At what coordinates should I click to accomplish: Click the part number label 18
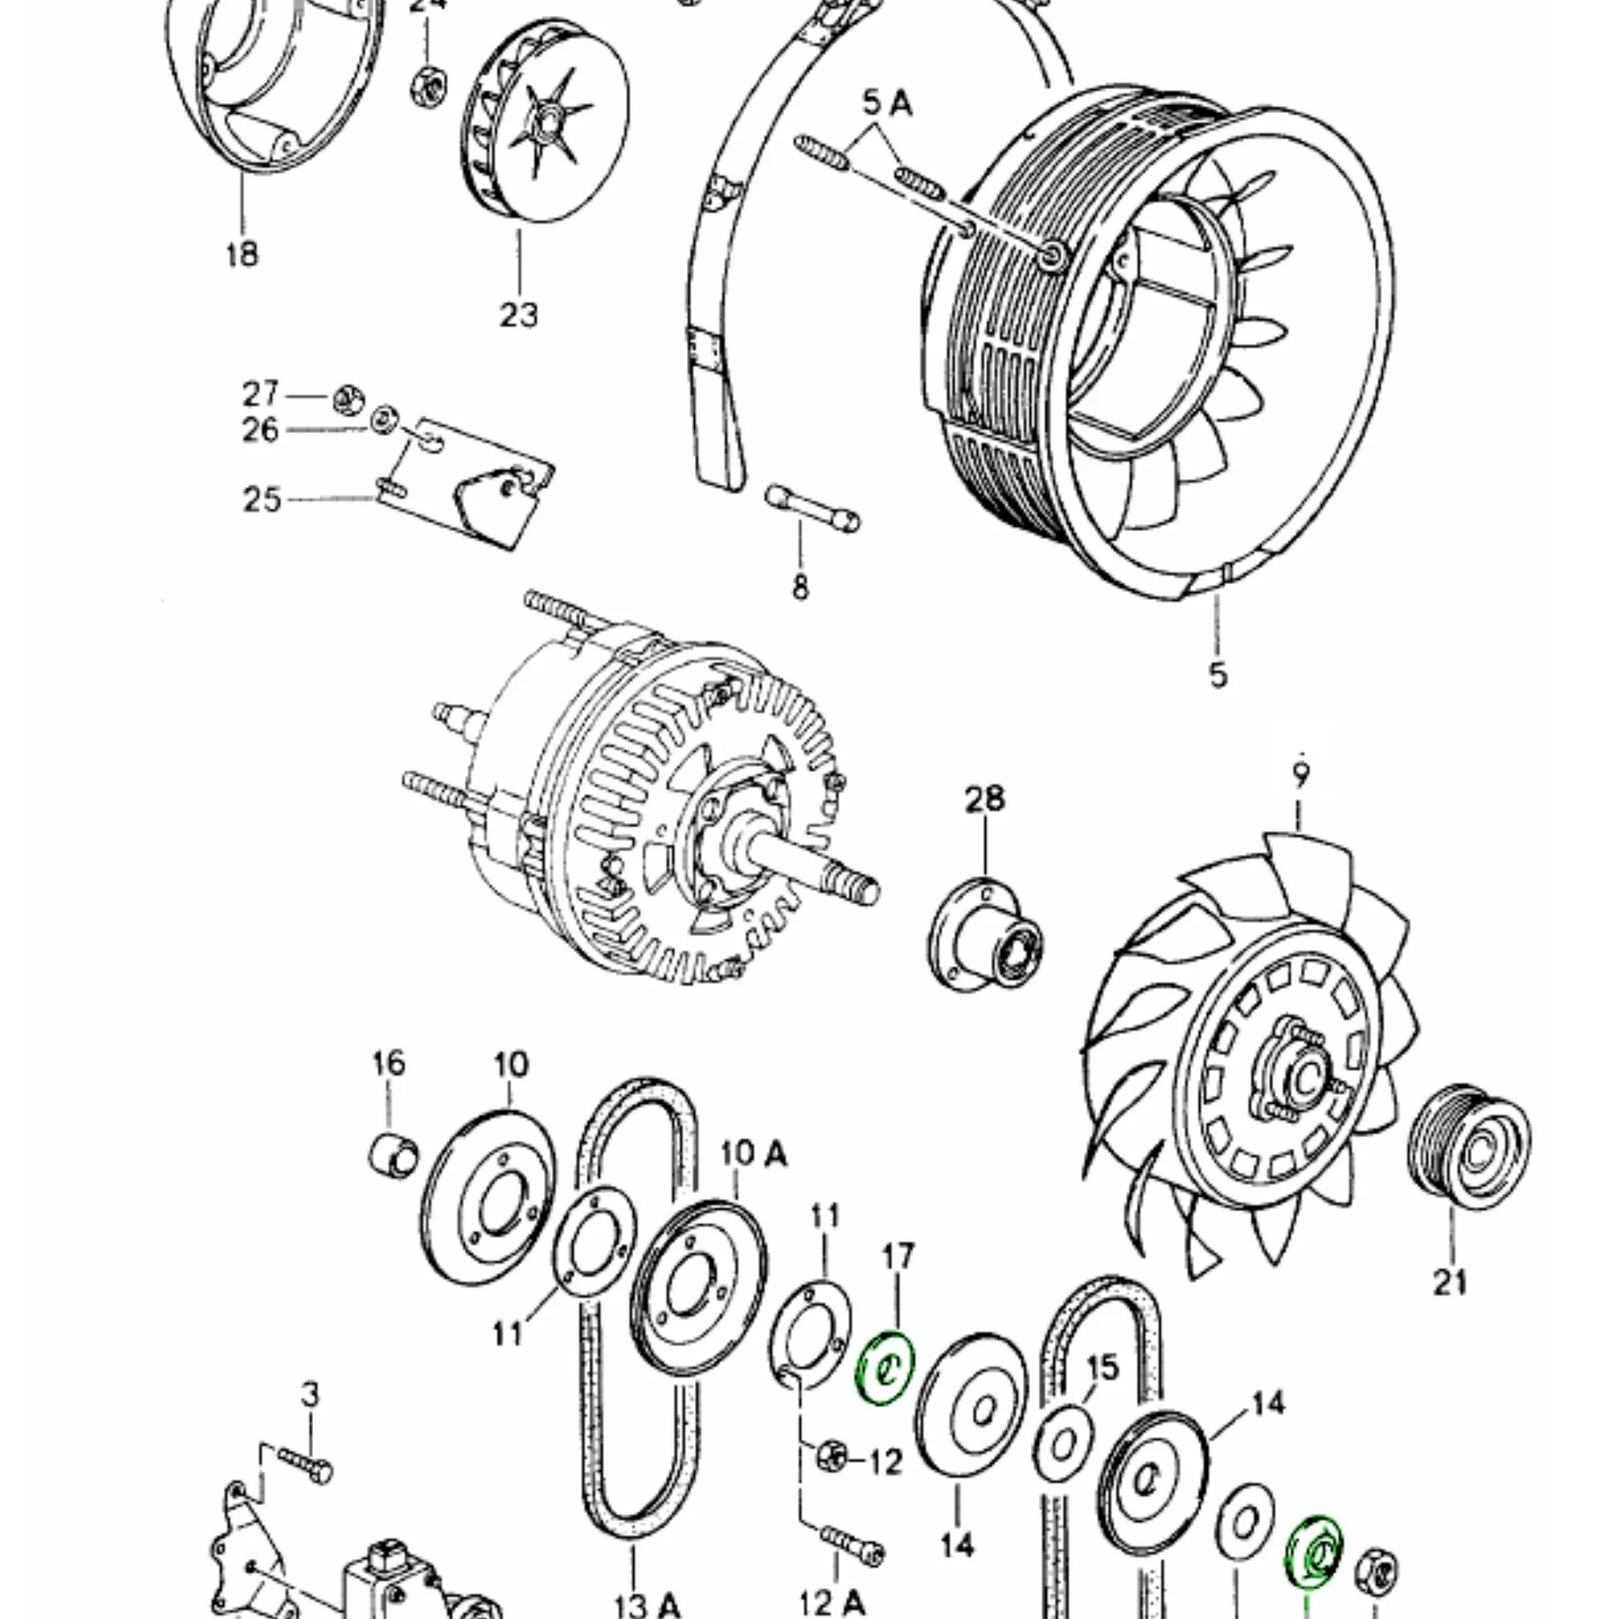242,253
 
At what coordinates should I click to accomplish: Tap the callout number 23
519,315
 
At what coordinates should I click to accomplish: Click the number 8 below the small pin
800,587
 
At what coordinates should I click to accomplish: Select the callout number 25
262,500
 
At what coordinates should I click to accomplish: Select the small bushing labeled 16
393,1155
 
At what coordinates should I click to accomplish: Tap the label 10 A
753,1154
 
